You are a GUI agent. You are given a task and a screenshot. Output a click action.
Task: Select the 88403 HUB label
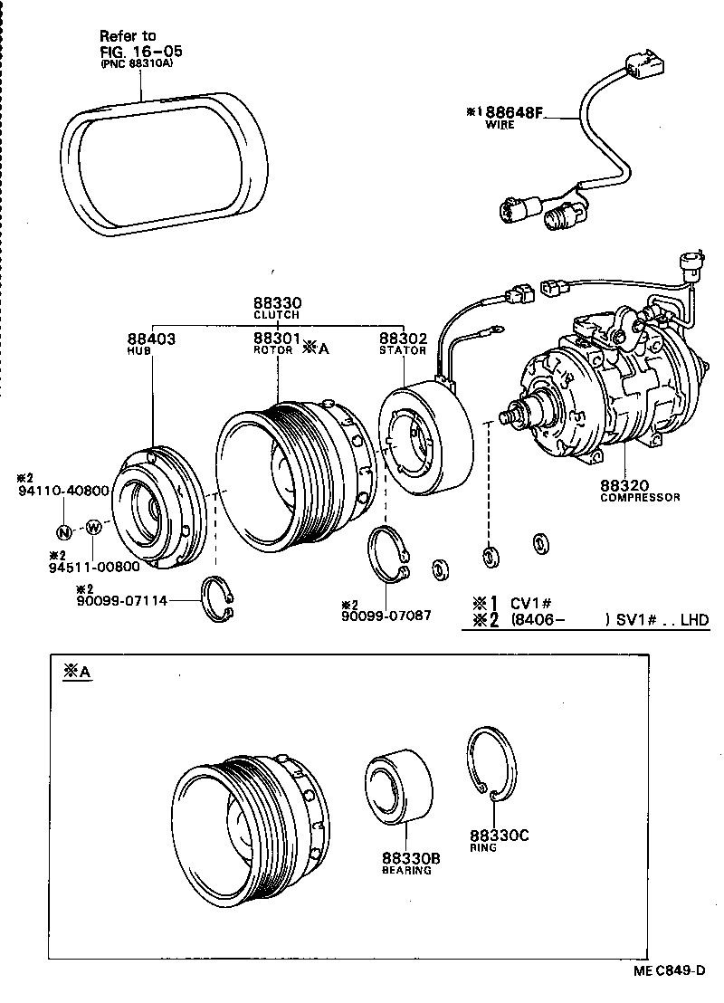(x=150, y=343)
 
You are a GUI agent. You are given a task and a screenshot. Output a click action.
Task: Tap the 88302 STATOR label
(x=403, y=343)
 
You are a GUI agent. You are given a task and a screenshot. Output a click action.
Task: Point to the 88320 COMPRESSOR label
(x=639, y=490)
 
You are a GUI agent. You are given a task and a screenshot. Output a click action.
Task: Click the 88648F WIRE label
(x=513, y=117)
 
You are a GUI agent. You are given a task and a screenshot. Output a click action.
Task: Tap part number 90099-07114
(x=122, y=600)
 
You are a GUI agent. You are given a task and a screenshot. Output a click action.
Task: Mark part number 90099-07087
(x=386, y=616)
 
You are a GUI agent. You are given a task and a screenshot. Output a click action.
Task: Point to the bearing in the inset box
(x=397, y=786)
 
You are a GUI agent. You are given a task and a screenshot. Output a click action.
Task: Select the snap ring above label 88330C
(x=494, y=765)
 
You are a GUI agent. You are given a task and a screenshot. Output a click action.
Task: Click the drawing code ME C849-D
(x=669, y=970)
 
